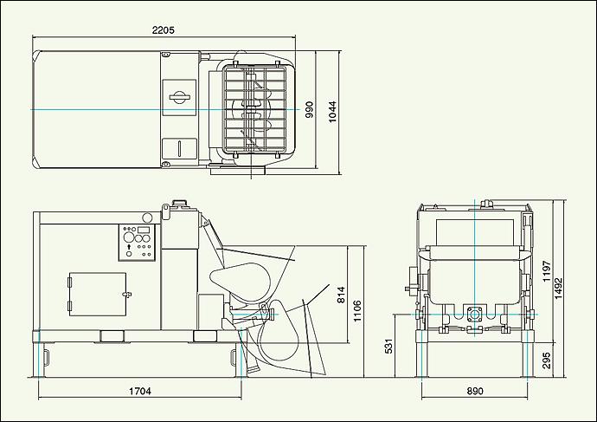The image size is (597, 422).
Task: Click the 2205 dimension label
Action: (163, 29)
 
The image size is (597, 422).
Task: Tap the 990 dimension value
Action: (309, 109)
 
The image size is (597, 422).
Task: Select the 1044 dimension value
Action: (332, 111)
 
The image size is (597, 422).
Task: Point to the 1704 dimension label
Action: (139, 391)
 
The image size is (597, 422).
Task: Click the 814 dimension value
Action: (341, 295)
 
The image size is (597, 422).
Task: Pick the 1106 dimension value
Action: (357, 311)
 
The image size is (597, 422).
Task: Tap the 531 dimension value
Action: (388, 346)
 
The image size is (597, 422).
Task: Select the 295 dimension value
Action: (546, 360)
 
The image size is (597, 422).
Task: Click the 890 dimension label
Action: (475, 391)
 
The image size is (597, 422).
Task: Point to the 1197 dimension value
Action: (547, 271)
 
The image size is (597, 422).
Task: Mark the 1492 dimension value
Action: (558, 288)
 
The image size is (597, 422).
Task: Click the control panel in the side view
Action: (137, 243)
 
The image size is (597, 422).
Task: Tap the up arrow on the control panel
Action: (129, 247)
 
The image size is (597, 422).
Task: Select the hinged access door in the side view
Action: (98, 294)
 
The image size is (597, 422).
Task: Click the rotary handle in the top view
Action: (179, 97)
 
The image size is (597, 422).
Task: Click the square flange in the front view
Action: (474, 315)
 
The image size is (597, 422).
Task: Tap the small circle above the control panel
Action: (147, 217)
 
